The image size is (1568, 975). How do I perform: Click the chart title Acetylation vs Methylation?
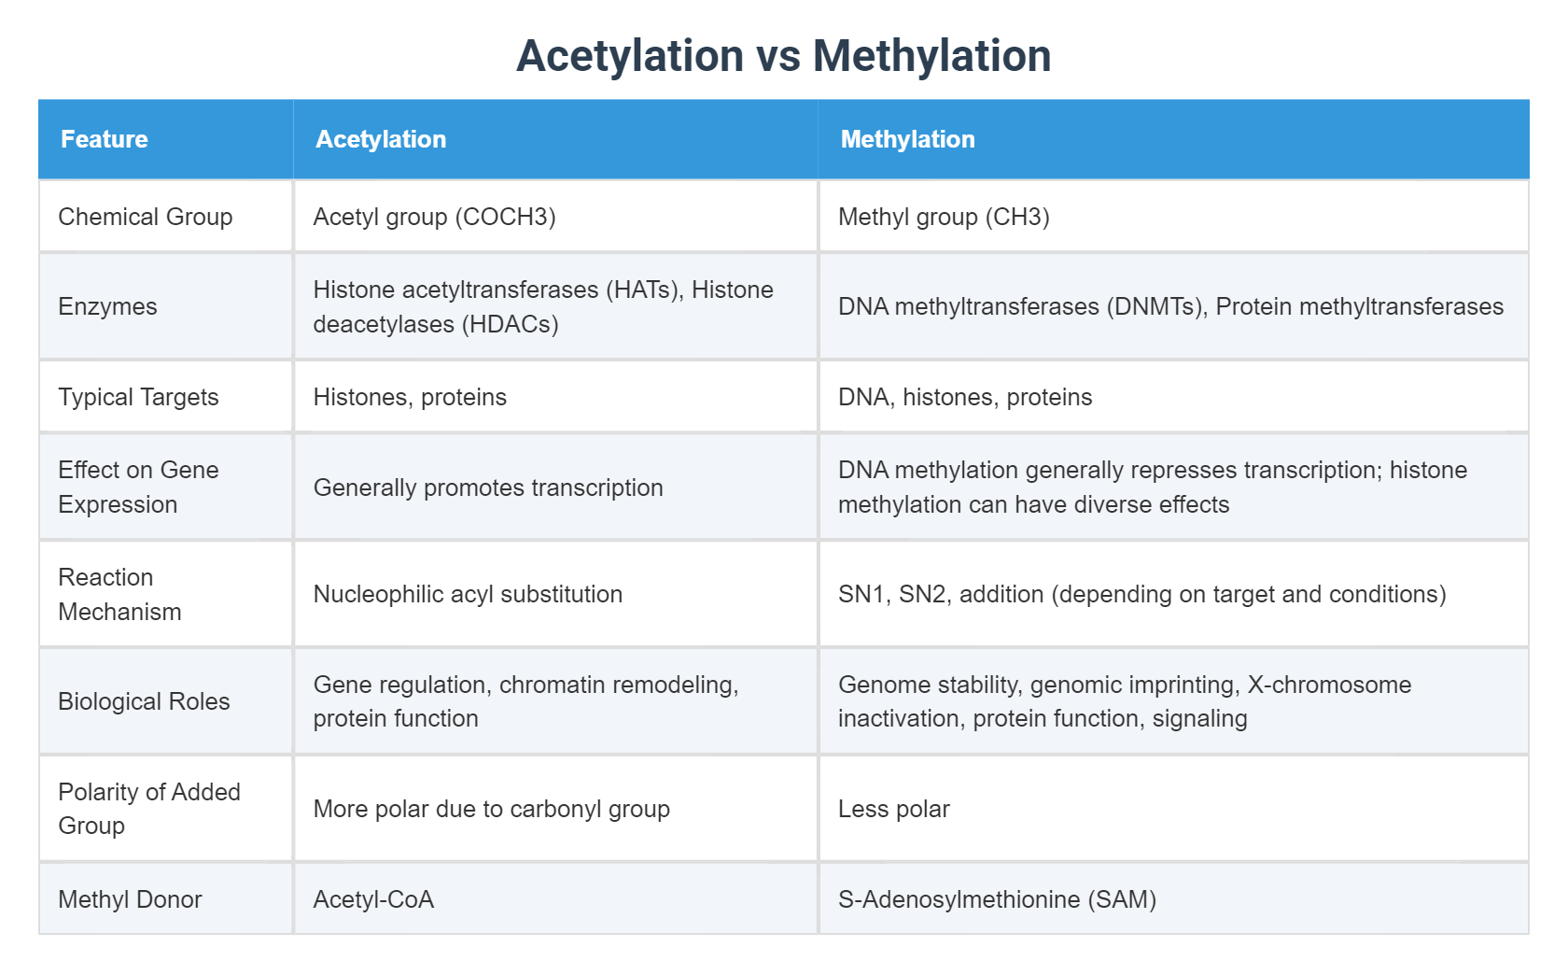click(x=783, y=56)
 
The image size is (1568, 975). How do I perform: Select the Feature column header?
click(x=105, y=139)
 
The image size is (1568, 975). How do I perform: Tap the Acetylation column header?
click(x=381, y=139)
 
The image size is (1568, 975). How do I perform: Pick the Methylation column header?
click(x=907, y=139)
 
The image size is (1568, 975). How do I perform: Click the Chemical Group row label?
click(x=146, y=217)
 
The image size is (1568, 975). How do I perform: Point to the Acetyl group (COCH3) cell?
click(x=434, y=217)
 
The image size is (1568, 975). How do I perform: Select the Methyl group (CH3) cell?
click(x=944, y=217)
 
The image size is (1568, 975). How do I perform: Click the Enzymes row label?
click(x=107, y=306)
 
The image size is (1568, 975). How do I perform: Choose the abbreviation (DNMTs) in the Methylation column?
click(x=1155, y=306)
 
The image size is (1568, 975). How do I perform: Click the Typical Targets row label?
click(x=138, y=397)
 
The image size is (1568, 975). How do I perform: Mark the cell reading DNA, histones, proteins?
click(x=965, y=397)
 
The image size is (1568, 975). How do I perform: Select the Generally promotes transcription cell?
click(x=488, y=487)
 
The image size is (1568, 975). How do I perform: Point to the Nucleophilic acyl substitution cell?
click(x=468, y=594)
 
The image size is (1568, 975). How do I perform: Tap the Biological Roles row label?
click(x=144, y=701)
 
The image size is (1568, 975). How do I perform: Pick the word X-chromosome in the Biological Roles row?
click(x=1329, y=685)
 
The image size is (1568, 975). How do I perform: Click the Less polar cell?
click(x=893, y=809)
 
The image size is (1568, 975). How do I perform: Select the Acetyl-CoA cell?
click(x=373, y=899)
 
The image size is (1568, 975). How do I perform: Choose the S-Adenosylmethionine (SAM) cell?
click(x=997, y=899)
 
